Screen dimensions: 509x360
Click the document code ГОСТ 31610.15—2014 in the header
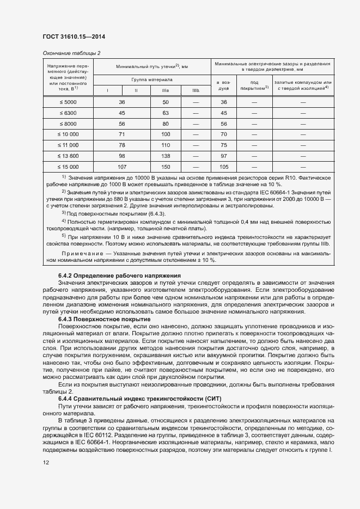pos(74,37)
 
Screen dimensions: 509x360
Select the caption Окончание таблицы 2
pos(71,53)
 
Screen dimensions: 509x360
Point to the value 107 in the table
pos(121,166)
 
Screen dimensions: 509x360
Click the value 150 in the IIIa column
pos(166,166)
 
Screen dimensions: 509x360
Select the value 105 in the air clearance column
pos(223,166)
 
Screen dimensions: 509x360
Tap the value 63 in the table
pos(166,113)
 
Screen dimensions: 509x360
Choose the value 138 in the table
pos(166,156)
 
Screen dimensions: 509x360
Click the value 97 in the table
pos(223,156)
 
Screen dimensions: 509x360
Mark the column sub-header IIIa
pos(166,90)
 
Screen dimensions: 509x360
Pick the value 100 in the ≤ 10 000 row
pos(166,134)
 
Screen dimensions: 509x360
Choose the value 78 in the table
pos(121,145)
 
